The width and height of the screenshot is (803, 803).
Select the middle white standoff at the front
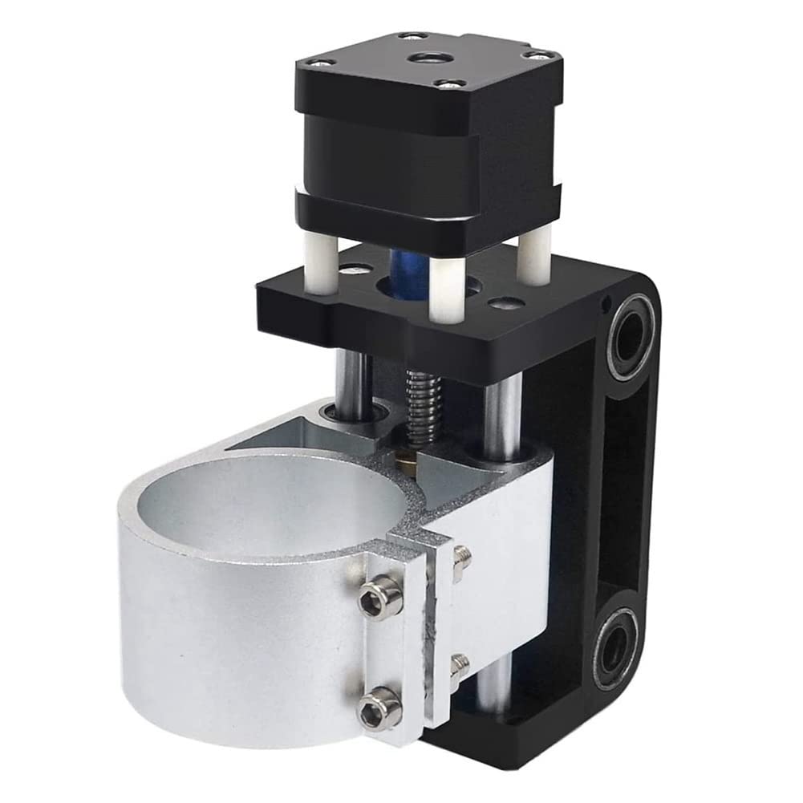coord(446,288)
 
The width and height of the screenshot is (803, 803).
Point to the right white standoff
coord(533,257)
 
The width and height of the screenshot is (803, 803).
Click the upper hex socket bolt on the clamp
coord(379,596)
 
